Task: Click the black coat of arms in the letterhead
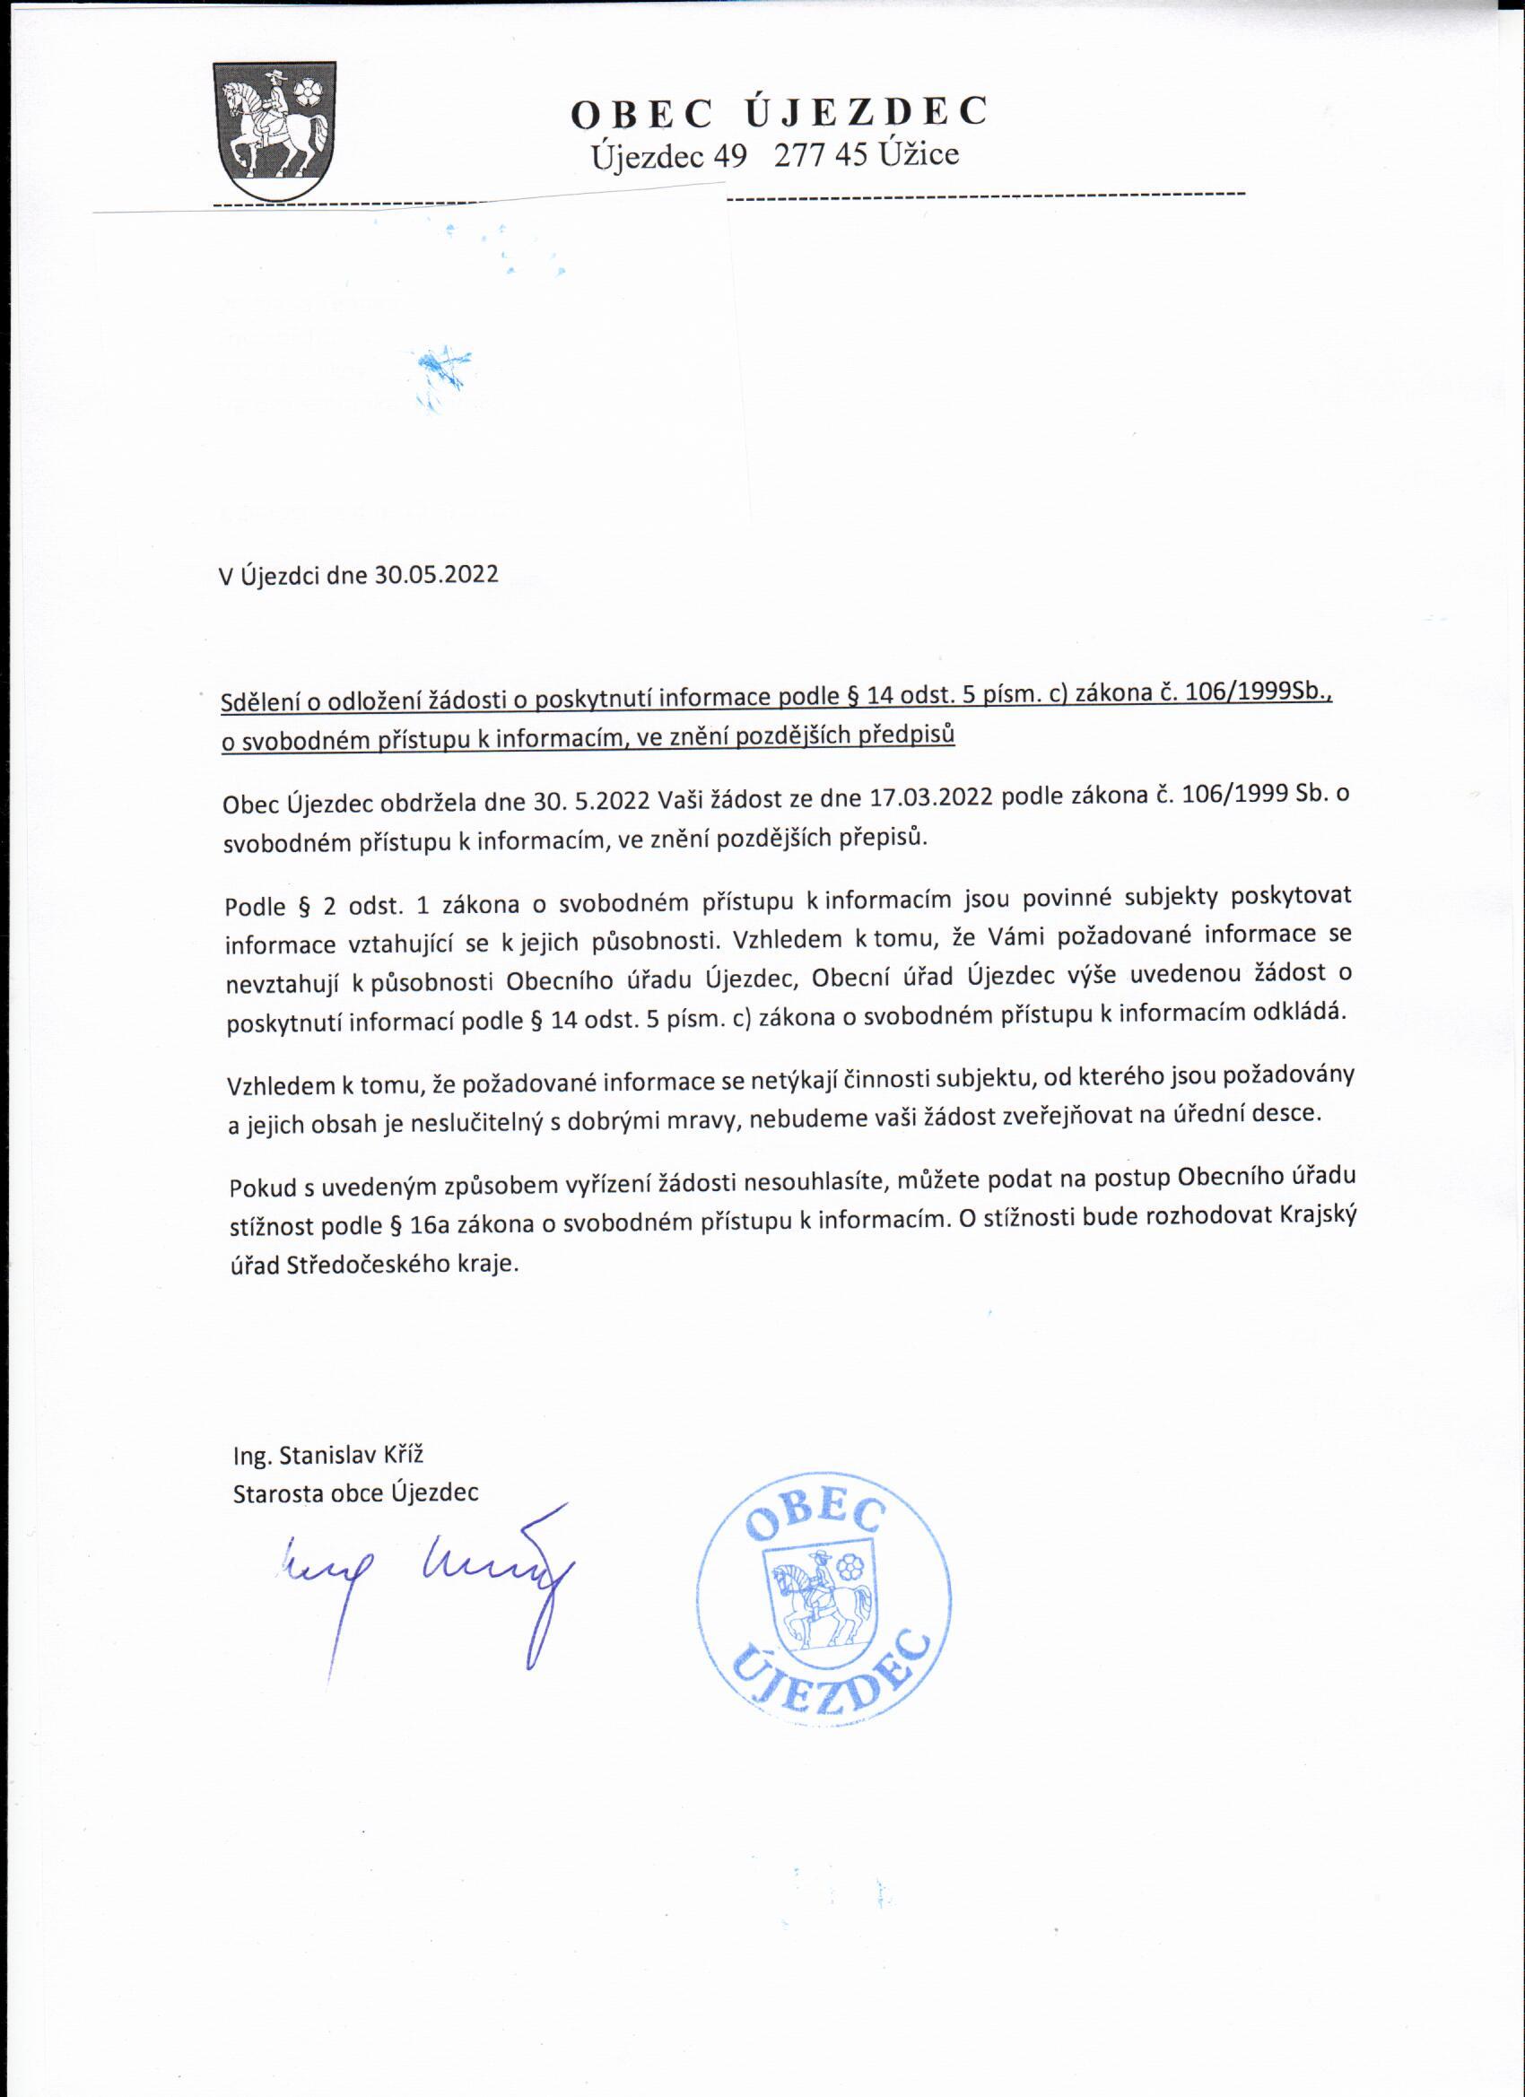point(274,130)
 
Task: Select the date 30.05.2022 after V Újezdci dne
point(436,575)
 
